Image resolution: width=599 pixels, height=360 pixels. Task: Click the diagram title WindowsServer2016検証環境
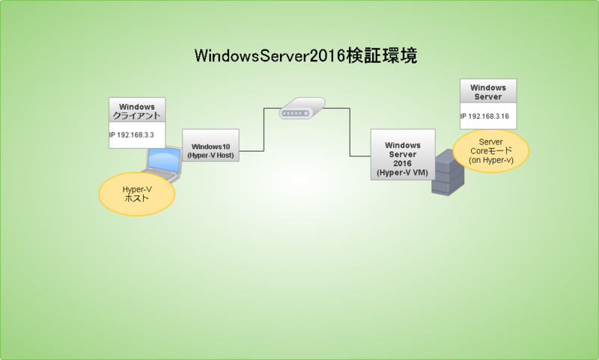pyautogui.click(x=305, y=55)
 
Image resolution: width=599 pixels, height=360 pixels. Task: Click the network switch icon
pyautogui.click(x=302, y=108)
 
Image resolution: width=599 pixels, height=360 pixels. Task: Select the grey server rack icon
pyautogui.click(x=448, y=173)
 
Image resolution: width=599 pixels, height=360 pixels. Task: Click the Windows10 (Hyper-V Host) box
pyautogui.click(x=210, y=145)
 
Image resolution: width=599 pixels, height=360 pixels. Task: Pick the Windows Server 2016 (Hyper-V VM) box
pyautogui.click(x=403, y=154)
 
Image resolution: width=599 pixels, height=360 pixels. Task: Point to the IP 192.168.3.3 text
pyautogui.click(x=132, y=135)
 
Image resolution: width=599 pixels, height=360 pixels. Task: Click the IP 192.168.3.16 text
pyautogui.click(x=484, y=117)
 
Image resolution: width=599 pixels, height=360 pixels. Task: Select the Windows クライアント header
pyautogui.click(x=137, y=110)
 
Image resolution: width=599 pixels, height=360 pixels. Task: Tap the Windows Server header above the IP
pyautogui.click(x=488, y=91)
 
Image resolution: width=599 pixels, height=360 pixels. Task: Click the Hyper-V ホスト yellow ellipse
pyautogui.click(x=137, y=194)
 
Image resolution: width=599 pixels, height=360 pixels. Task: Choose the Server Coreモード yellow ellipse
pyautogui.click(x=491, y=150)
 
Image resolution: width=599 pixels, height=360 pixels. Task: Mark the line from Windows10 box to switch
pyautogui.click(x=264, y=129)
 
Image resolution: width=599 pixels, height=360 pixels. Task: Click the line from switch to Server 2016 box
pyautogui.click(x=350, y=132)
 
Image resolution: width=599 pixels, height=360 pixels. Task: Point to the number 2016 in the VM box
pyautogui.click(x=403, y=163)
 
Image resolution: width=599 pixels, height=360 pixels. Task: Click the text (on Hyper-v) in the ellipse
pyautogui.click(x=491, y=160)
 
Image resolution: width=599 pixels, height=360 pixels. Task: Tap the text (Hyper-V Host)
pyautogui.click(x=210, y=156)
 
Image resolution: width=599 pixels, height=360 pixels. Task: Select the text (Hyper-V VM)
pyautogui.click(x=403, y=173)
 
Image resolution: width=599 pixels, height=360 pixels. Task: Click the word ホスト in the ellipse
pyautogui.click(x=136, y=198)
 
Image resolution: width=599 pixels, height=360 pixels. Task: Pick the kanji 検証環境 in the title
pyautogui.click(x=382, y=55)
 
